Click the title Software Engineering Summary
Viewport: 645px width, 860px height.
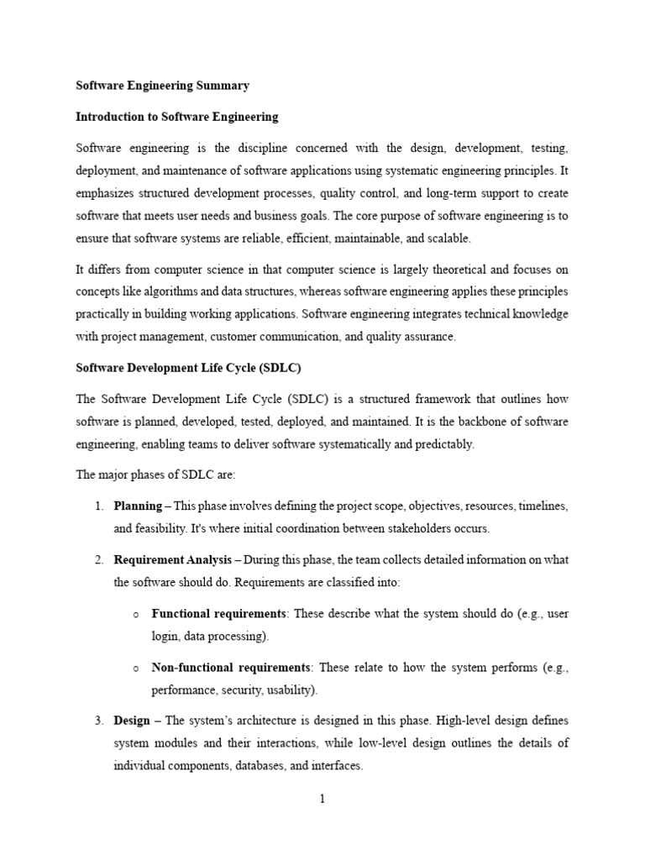tap(163, 86)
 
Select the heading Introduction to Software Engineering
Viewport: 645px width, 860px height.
tap(177, 117)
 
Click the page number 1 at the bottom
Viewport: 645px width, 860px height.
tap(322, 799)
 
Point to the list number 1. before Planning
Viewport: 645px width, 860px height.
tap(98, 506)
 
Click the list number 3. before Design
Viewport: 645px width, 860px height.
tap(98, 721)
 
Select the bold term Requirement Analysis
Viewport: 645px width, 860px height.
tap(166, 559)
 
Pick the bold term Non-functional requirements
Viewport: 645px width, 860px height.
tap(230, 667)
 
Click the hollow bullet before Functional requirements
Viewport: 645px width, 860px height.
tap(134, 614)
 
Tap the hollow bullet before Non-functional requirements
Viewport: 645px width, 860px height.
tap(134, 668)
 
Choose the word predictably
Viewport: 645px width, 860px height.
tap(445, 444)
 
